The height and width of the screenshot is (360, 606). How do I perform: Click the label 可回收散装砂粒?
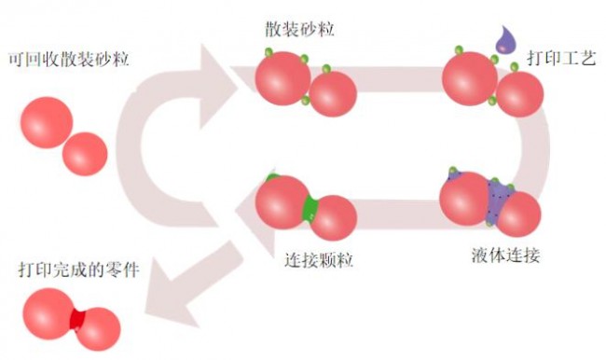tap(69, 60)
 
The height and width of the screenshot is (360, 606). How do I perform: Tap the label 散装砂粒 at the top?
tap(299, 30)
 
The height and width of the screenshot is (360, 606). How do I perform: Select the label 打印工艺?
tap(561, 58)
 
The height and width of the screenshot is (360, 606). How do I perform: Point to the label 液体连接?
tap(505, 256)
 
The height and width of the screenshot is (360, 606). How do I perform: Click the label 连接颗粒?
tap(319, 260)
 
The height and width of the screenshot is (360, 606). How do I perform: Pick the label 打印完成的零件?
tap(79, 270)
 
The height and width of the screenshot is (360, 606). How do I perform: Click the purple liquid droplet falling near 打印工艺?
tap(505, 40)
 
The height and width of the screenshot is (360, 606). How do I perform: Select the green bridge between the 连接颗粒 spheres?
tap(310, 209)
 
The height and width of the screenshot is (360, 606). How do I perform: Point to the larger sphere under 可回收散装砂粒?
tap(47, 122)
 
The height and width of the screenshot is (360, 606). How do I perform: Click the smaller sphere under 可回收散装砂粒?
tap(85, 154)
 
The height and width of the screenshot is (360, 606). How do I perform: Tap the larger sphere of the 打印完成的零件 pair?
tap(49, 314)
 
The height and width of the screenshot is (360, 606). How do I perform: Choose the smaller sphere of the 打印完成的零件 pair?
tap(98, 329)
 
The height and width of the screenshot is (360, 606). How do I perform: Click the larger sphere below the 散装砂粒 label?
tap(282, 78)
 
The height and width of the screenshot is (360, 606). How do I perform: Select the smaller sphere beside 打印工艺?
tap(520, 94)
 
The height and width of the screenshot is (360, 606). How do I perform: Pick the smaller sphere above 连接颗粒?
tap(333, 217)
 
